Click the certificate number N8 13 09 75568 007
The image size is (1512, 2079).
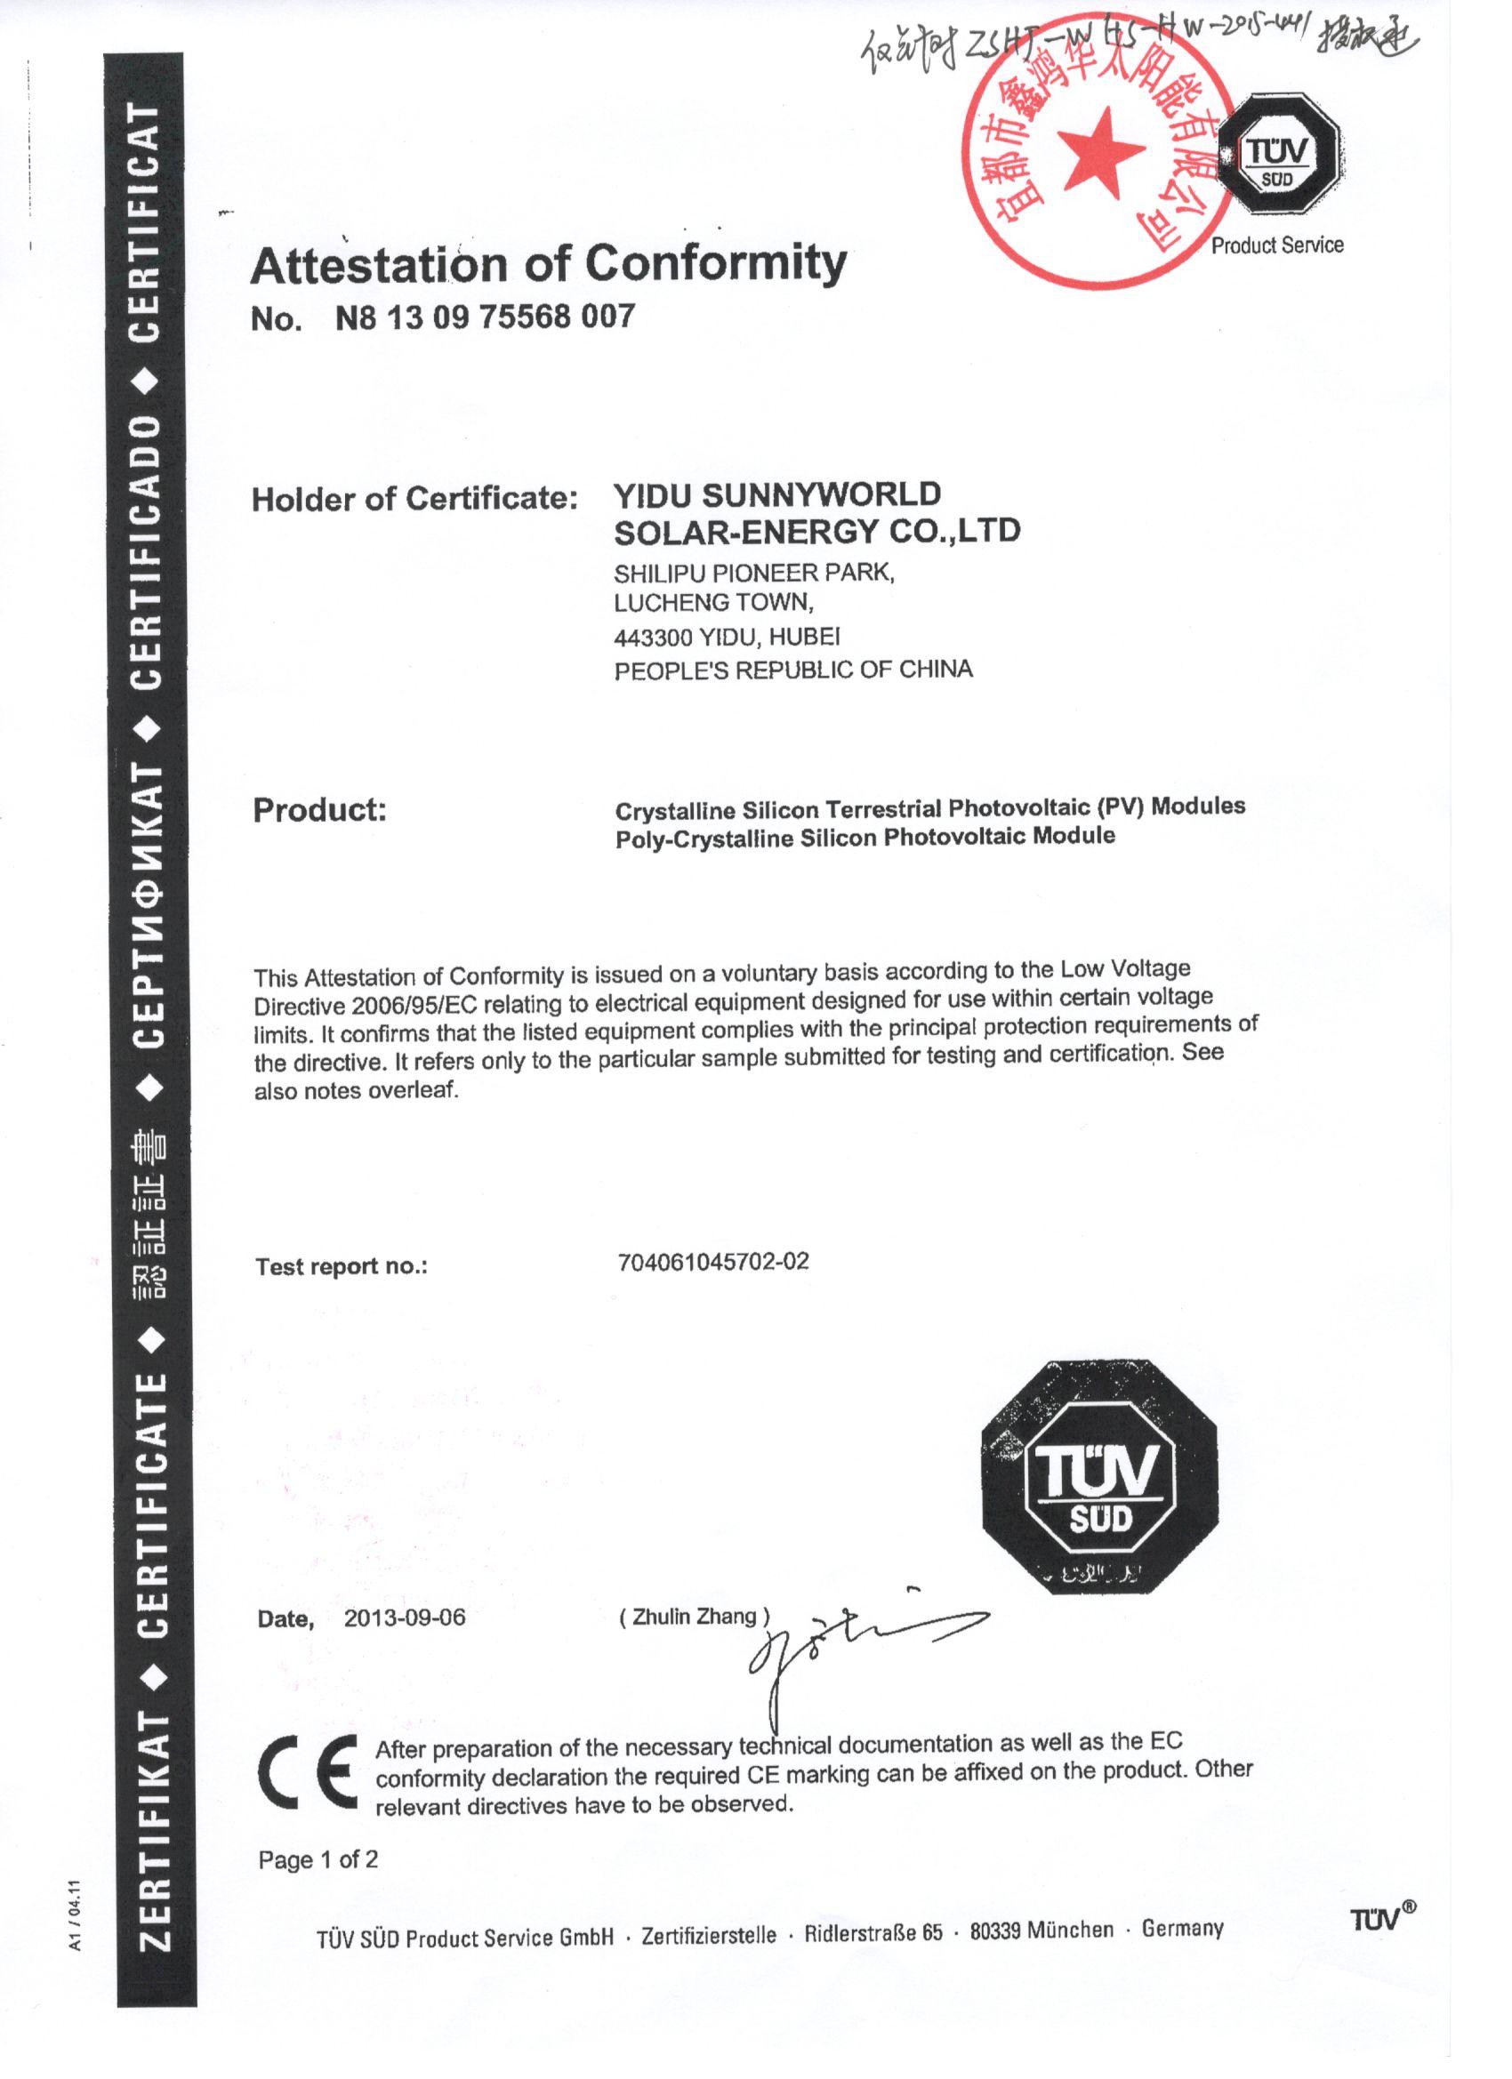click(485, 317)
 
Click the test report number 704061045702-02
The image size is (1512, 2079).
click(713, 1263)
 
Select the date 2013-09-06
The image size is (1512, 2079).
click(405, 1617)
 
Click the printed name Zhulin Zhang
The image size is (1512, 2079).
click(694, 1616)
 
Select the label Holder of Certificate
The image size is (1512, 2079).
click(414, 499)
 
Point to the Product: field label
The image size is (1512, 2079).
click(319, 810)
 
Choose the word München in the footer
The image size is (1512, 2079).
click(1070, 1930)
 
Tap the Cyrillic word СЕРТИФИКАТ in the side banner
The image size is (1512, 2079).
click(149, 904)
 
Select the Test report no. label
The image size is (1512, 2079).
click(342, 1267)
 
